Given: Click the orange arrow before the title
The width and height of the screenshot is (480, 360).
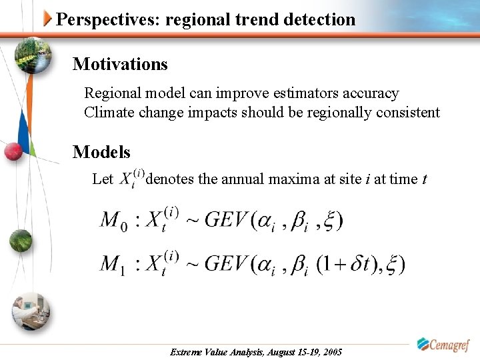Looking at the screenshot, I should [x=48, y=19].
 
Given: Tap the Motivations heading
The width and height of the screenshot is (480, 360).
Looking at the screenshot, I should [x=120, y=64].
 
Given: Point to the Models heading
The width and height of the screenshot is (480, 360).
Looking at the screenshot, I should [x=101, y=152].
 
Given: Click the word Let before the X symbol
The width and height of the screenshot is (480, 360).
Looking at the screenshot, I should [x=103, y=179].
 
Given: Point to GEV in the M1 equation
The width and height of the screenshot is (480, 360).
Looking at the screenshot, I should [x=225, y=263].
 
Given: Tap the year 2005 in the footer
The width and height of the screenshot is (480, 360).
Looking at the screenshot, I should [x=331, y=351].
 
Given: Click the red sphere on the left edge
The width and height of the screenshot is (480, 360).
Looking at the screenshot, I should [x=13, y=151].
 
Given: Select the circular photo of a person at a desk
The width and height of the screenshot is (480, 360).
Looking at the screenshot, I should [x=31, y=310].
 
